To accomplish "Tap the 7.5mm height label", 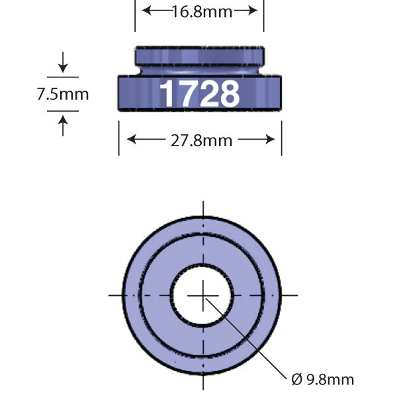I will pos(62,95).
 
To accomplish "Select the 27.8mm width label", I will pos(200,140).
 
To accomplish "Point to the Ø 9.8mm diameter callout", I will pos(322,380).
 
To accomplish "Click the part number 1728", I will pos(199,94).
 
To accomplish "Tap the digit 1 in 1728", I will pos(166,94).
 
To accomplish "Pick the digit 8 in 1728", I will pos(228,94).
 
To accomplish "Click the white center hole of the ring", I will pos(202,294).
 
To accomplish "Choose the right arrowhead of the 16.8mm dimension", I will pos(254,11).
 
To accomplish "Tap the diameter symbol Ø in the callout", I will pos(297,380).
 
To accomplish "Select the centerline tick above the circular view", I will pos(202,206).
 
